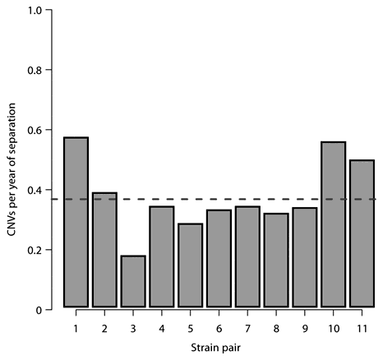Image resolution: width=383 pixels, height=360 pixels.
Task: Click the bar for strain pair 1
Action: click(x=76, y=222)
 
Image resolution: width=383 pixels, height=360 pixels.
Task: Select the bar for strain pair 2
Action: click(x=104, y=250)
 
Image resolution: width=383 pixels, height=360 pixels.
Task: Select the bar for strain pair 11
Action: click(x=362, y=233)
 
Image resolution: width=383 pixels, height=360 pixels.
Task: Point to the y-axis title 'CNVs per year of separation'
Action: click(x=10, y=160)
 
